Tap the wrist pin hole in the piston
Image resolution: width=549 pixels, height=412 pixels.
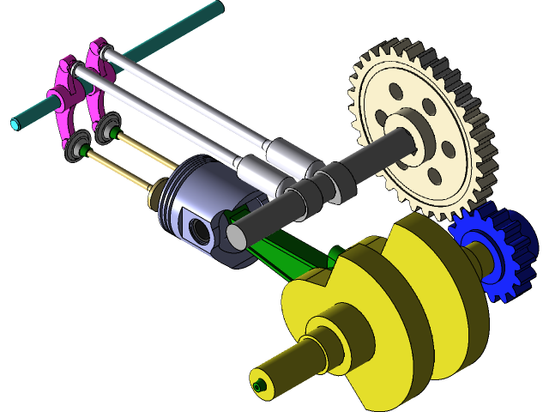[x=200, y=230]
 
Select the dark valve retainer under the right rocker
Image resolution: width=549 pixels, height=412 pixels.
[x=107, y=130]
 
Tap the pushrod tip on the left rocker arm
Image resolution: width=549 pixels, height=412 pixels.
[x=75, y=68]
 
